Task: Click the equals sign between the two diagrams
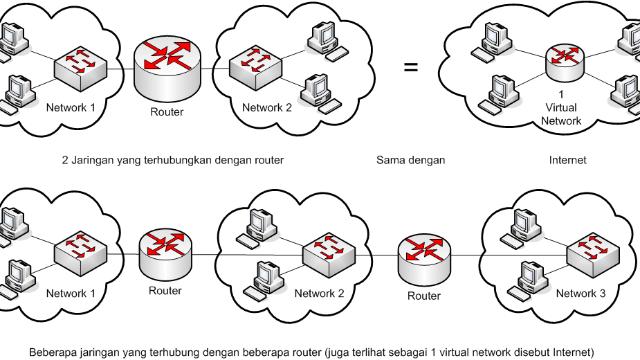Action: click(411, 68)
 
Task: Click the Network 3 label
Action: click(580, 294)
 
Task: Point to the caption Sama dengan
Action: click(410, 160)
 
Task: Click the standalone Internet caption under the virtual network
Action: click(567, 160)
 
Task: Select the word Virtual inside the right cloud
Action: click(561, 107)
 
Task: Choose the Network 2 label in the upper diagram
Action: click(266, 107)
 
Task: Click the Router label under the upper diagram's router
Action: click(167, 111)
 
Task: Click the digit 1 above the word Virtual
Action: click(561, 95)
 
